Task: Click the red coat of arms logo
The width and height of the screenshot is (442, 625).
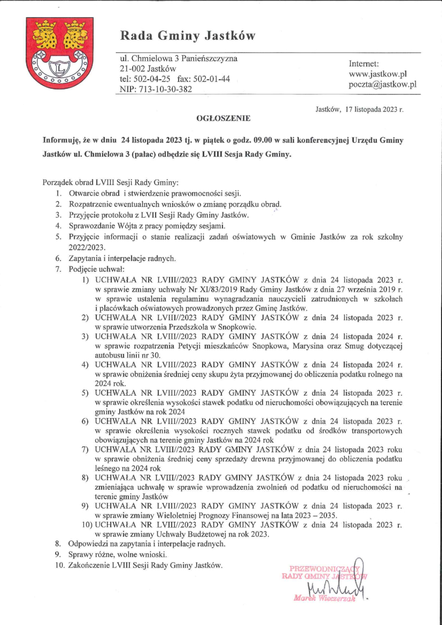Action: pyautogui.click(x=54, y=53)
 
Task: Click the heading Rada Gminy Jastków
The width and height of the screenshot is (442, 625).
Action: pyautogui.click(x=188, y=36)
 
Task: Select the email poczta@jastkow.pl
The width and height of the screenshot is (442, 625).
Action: pyautogui.click(x=382, y=85)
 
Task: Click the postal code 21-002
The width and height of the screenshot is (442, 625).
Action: pyautogui.click(x=133, y=69)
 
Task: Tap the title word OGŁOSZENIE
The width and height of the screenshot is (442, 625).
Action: pyautogui.click(x=223, y=118)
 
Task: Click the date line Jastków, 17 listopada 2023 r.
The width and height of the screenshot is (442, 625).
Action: pyautogui.click(x=359, y=109)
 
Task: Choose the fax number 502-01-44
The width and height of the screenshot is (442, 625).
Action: pyautogui.click(x=211, y=78)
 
